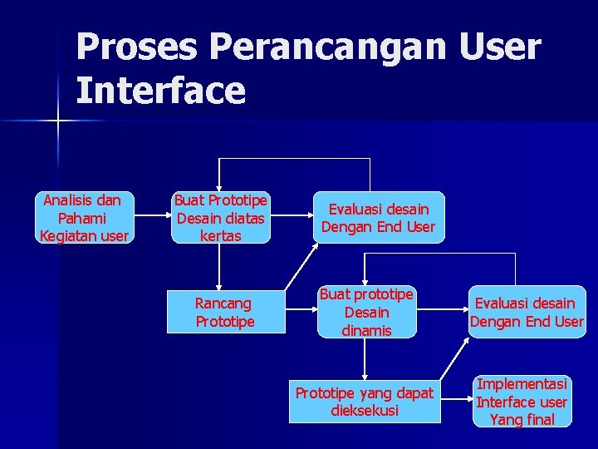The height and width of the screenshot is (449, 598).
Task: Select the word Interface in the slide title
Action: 161,91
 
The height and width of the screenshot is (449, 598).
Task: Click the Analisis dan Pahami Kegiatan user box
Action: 84,218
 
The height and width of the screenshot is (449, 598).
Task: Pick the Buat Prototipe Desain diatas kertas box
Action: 221,218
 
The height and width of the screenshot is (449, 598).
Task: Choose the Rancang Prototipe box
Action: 225,312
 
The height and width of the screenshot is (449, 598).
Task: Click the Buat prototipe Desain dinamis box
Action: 366,313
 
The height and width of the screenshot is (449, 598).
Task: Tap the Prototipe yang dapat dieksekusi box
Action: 365,402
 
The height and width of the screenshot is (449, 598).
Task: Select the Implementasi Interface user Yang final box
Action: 521,402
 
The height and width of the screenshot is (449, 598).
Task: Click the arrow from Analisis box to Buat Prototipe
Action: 151,217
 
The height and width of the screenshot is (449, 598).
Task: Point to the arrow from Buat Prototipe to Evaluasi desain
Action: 291,217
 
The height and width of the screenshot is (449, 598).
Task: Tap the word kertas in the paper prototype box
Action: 221,236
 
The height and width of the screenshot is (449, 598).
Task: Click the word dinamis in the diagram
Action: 366,331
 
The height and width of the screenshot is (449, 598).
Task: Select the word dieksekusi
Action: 365,411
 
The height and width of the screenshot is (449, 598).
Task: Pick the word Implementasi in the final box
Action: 522,384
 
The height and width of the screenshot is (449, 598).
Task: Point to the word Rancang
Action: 223,303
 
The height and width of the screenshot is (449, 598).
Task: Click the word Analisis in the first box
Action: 69,200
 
